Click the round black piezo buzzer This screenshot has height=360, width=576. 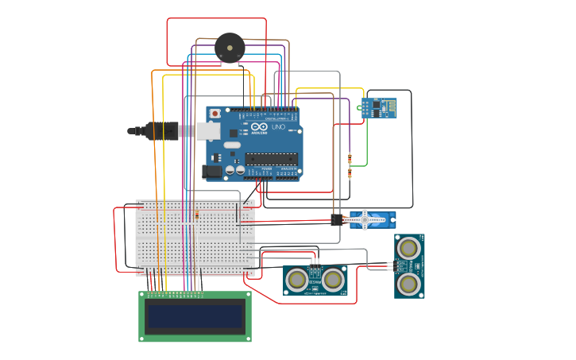tap(230, 48)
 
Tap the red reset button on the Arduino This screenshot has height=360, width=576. tap(215, 114)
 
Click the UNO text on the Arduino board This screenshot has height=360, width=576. tap(278, 126)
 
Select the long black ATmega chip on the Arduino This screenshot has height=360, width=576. tap(272, 159)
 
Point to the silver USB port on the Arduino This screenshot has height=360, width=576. tap(208, 131)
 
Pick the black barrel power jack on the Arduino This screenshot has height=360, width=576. tap(212, 171)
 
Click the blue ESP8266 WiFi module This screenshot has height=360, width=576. tap(378, 107)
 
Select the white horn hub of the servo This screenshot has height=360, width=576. tap(365, 219)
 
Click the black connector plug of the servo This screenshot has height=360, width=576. tap(337, 219)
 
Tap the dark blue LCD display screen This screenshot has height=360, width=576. tap(195, 316)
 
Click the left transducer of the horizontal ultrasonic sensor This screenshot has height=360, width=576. tap(297, 279)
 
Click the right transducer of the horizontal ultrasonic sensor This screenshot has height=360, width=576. tap(333, 279)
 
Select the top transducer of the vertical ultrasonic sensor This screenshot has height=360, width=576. tap(408, 248)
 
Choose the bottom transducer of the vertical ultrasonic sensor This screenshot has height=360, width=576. tap(408, 284)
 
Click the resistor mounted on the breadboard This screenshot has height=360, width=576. tap(196, 215)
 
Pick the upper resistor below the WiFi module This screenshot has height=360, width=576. tap(350, 157)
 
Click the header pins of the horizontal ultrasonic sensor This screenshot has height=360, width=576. tap(315, 260)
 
